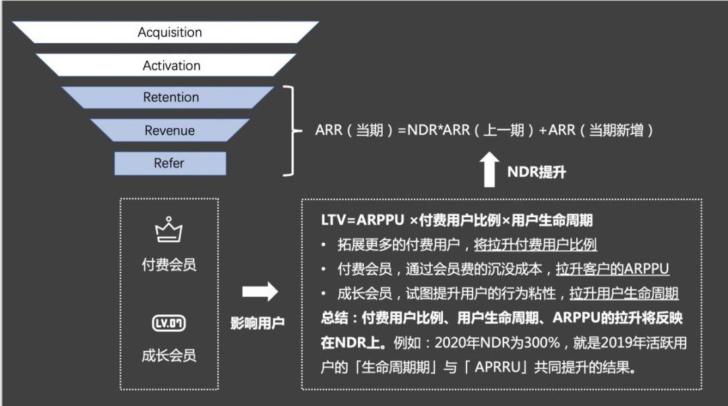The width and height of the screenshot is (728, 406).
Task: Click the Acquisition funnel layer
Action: [169, 32]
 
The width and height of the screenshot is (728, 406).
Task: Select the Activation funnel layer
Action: [171, 65]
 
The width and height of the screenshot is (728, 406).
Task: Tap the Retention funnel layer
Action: [171, 97]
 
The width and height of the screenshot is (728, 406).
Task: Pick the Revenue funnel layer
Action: [169, 130]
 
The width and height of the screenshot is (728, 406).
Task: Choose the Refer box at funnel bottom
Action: [169, 163]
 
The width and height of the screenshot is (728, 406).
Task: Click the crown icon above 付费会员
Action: [169, 229]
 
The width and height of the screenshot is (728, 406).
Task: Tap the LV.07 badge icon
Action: [169, 324]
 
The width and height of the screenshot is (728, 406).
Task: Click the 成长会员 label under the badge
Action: [169, 355]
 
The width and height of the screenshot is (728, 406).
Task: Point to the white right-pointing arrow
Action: [260, 291]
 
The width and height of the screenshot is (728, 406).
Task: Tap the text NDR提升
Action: [537, 172]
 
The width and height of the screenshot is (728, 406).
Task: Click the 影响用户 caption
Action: [258, 322]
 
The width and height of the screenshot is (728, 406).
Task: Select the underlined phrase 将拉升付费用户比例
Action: [535, 245]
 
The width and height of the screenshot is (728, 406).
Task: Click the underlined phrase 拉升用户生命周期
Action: [624, 293]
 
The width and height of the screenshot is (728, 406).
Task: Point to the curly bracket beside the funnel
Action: [292, 130]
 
